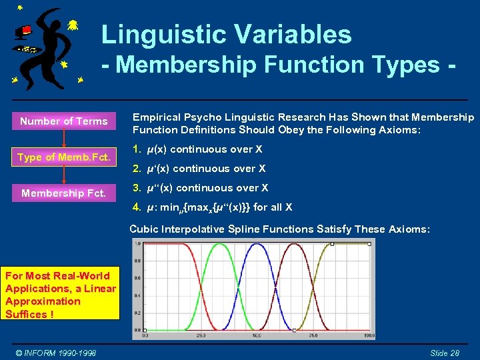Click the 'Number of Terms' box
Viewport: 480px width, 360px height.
63,121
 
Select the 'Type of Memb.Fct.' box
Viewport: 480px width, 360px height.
63,157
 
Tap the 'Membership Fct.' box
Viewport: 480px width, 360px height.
63,193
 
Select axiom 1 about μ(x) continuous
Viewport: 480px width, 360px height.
197,149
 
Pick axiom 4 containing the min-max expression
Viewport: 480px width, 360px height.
212,207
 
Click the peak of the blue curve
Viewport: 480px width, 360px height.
257,245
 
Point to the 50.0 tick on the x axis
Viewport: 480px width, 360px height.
257,336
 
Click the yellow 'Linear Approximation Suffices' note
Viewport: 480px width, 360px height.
61,295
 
